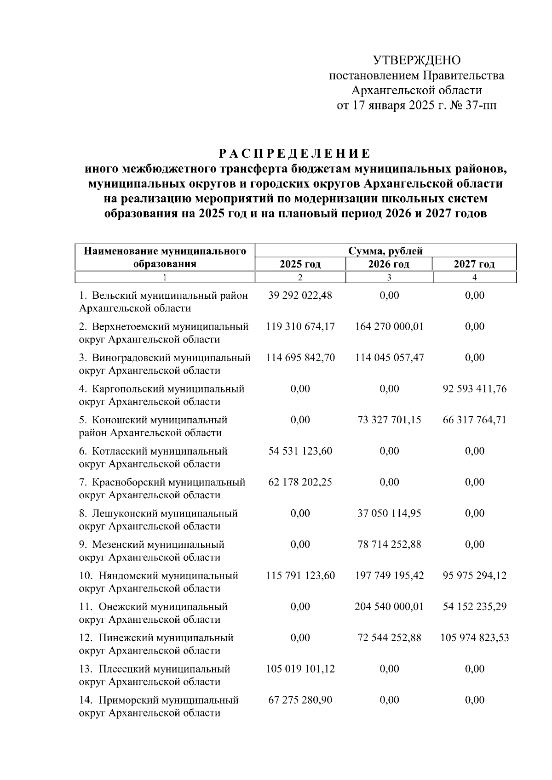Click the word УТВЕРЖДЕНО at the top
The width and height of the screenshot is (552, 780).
(x=416, y=60)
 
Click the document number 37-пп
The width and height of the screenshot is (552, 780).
(x=479, y=106)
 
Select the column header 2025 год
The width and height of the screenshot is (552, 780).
(x=300, y=264)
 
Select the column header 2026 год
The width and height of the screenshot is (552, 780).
(x=389, y=264)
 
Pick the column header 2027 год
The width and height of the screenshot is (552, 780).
(x=474, y=264)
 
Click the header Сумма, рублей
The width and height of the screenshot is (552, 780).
(x=385, y=251)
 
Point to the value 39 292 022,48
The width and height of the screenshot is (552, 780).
(x=300, y=296)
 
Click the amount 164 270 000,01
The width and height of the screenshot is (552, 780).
(x=389, y=327)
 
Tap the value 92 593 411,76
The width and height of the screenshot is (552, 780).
(x=475, y=389)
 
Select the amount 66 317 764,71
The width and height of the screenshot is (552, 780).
(x=475, y=420)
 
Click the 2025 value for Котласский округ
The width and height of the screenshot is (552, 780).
(x=300, y=451)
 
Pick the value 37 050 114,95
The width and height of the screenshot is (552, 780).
(x=389, y=513)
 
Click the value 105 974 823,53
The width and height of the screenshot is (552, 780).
(x=475, y=638)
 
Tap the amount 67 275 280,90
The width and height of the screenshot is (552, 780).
(x=300, y=700)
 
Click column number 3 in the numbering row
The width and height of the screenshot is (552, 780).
(x=389, y=277)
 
